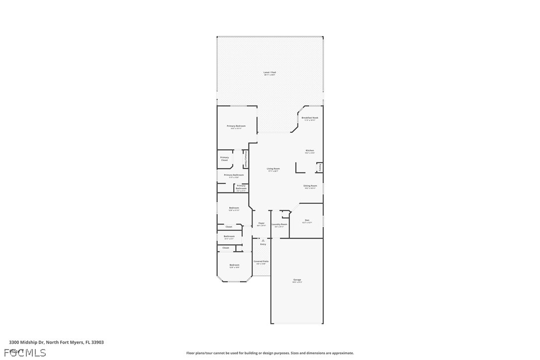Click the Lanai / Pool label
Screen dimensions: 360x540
(270, 73)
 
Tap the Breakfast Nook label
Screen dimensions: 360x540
(310, 118)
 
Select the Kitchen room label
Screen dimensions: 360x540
(310, 151)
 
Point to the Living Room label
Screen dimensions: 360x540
(273, 169)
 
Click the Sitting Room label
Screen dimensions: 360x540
(310, 186)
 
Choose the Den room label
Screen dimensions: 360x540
(307, 220)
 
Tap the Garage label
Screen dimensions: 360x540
(297, 280)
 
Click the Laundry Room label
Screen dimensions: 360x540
(279, 224)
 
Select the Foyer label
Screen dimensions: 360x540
(261, 223)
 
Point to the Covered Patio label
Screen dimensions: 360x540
(261, 262)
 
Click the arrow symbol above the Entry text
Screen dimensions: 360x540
(263, 240)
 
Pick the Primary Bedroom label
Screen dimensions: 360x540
(236, 126)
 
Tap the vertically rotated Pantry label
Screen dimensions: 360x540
(320, 168)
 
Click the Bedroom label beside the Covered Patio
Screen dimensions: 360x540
(234, 265)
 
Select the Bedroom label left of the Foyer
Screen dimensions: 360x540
(234, 208)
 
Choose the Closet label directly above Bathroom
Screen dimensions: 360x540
(229, 227)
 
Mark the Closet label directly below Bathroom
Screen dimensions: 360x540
(226, 248)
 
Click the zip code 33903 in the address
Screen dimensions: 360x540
(98, 342)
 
